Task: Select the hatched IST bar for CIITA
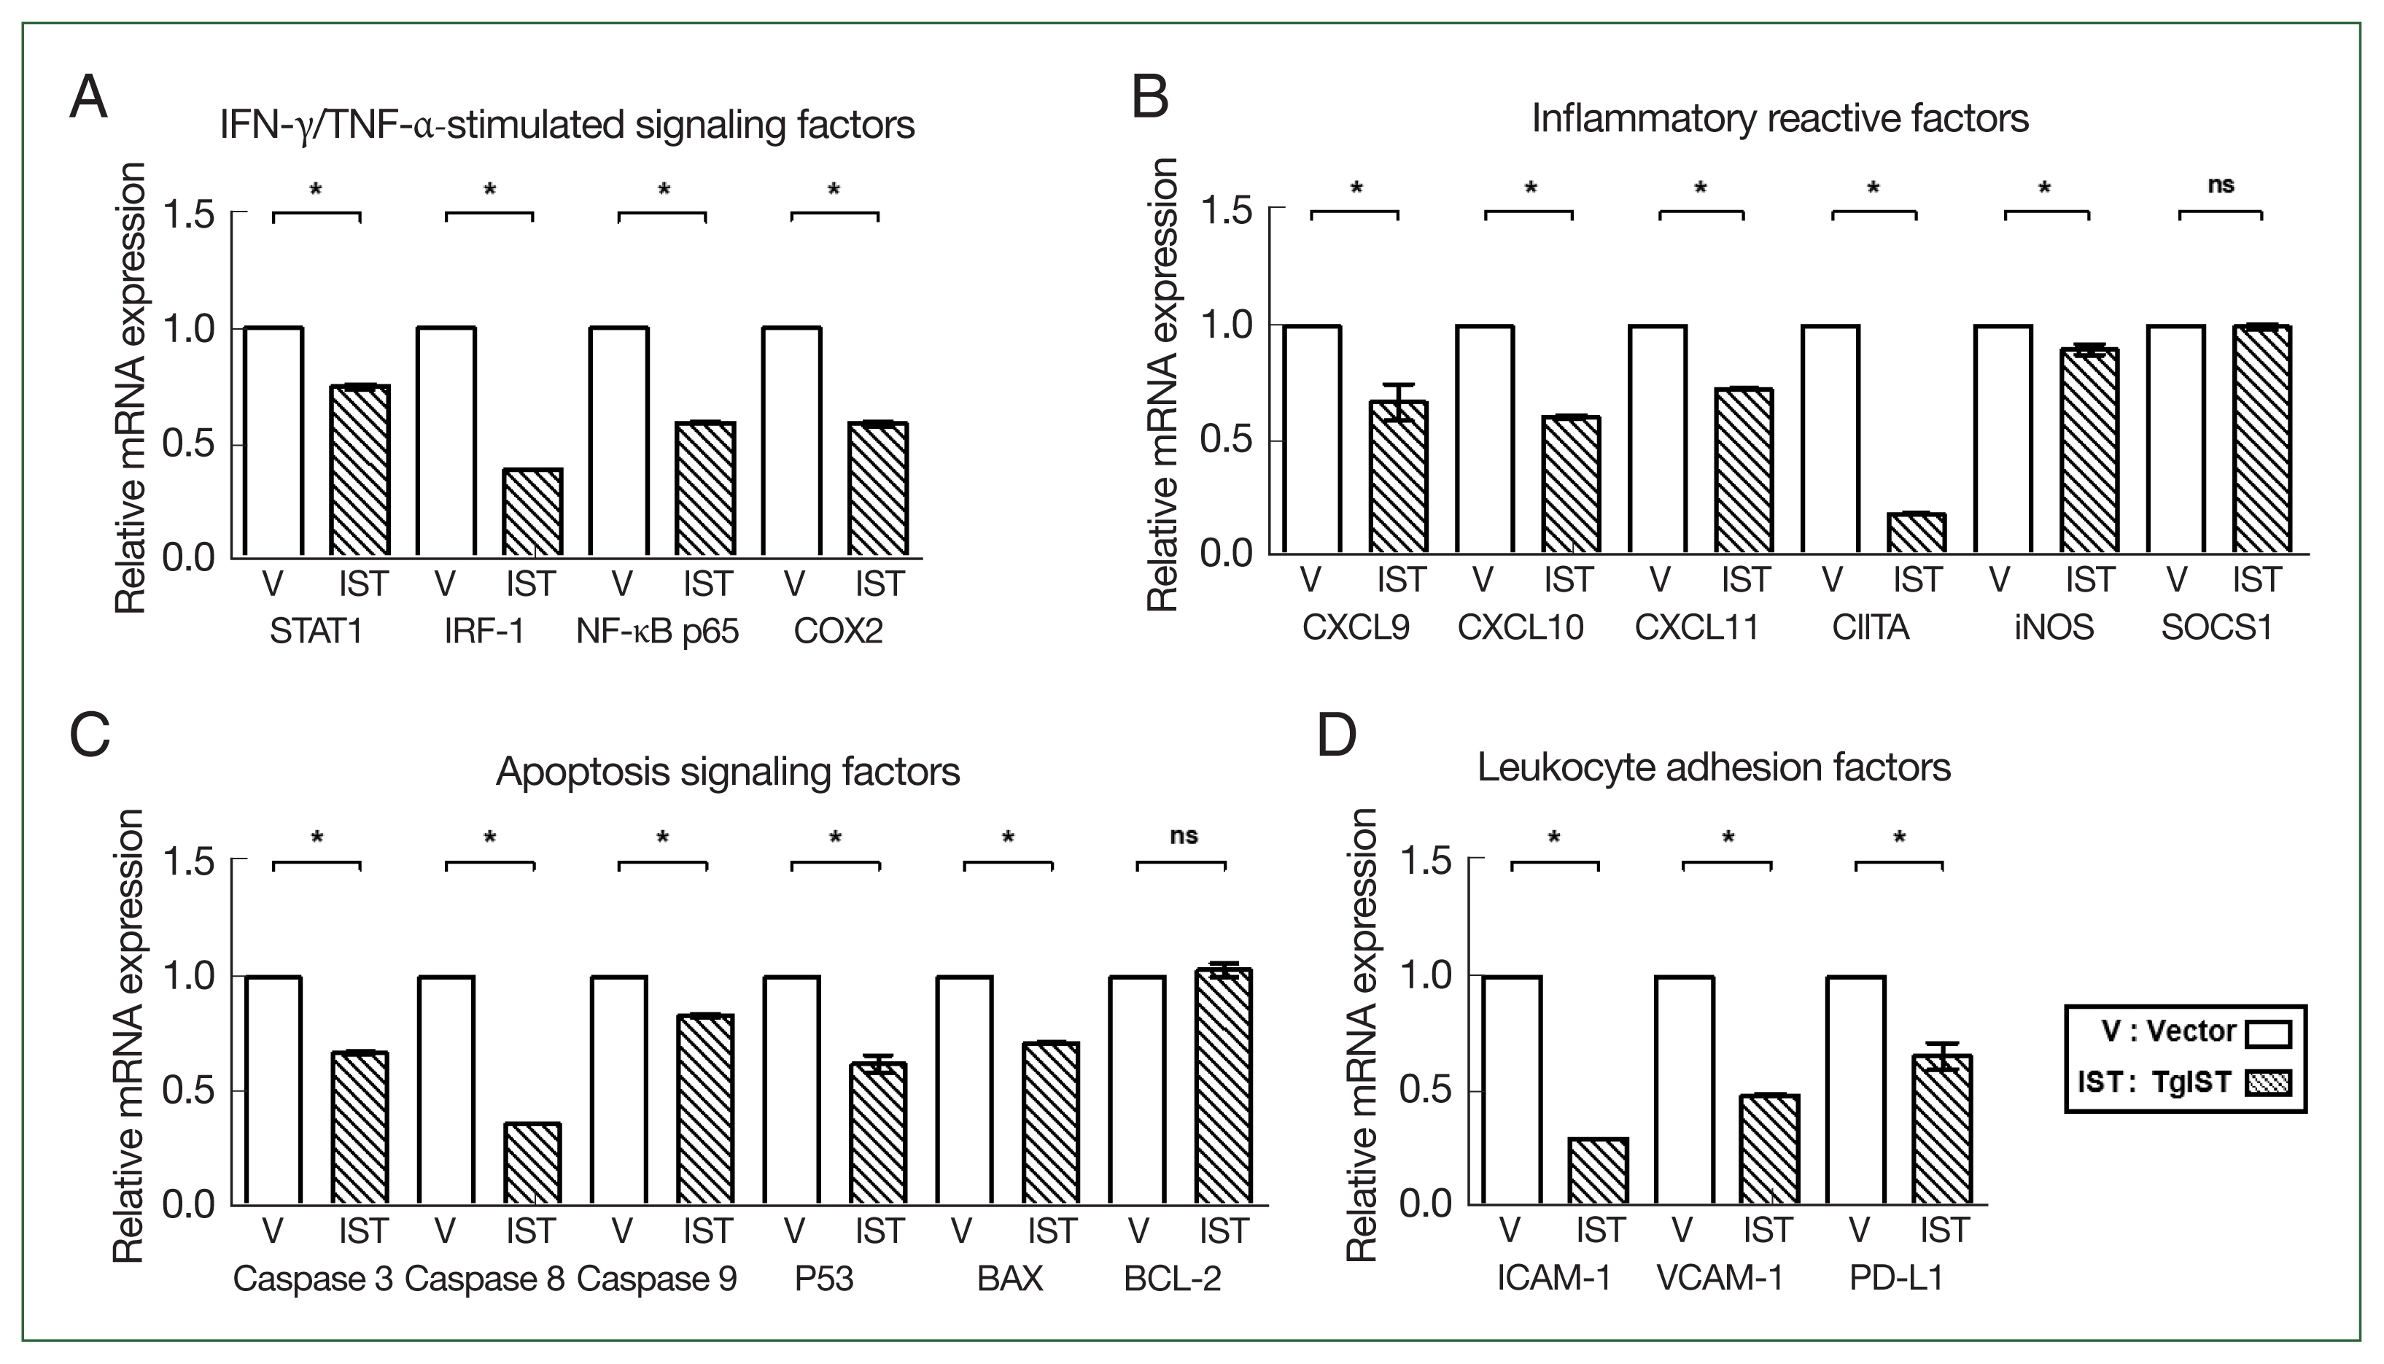coord(1917,533)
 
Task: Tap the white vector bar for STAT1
coord(273,441)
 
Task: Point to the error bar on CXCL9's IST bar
coord(1398,402)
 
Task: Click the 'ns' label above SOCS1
coord(2221,185)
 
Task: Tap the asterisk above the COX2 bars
coord(834,190)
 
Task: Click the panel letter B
coord(1151,96)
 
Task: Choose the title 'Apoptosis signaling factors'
coord(728,772)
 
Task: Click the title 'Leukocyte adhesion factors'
coord(1714,767)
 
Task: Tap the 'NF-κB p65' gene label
coord(657,632)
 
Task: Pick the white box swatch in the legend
coord(2268,1034)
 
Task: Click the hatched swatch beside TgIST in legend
coord(2268,1083)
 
